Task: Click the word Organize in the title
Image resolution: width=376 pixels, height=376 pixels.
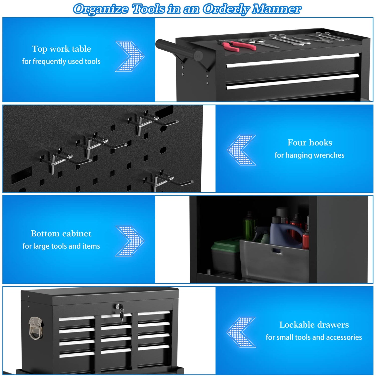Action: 101,9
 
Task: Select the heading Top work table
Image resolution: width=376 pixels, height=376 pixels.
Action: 62,49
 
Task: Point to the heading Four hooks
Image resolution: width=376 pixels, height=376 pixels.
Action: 310,142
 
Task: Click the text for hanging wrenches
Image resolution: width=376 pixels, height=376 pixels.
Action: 309,155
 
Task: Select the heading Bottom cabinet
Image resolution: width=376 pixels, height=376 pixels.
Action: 61,233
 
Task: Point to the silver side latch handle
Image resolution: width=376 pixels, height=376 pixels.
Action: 36,328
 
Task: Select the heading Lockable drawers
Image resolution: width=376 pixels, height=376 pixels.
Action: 314,325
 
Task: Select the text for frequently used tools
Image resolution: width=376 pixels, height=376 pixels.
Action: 61,61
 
